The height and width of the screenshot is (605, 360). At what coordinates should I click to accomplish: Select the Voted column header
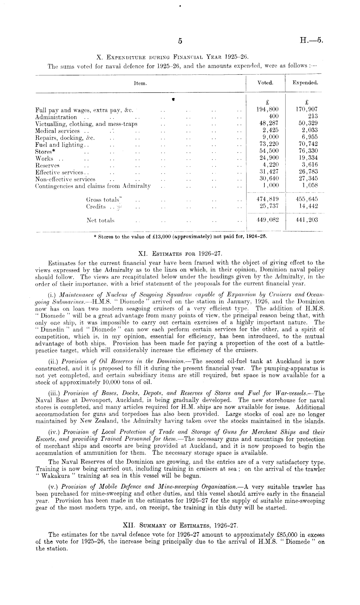coord(265,83)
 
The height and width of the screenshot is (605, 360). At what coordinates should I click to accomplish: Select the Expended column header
coord(305,83)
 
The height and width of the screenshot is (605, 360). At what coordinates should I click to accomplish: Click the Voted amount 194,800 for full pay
coord(267,110)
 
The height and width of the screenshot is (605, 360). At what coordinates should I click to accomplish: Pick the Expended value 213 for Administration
coord(312,116)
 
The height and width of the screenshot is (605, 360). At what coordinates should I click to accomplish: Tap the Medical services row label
coord(57,131)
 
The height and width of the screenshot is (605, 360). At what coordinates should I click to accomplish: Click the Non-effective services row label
coord(65,179)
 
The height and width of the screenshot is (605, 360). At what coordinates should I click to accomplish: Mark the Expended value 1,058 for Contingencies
coord(310,186)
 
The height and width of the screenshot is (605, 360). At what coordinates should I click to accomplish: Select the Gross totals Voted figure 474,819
coord(267,200)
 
